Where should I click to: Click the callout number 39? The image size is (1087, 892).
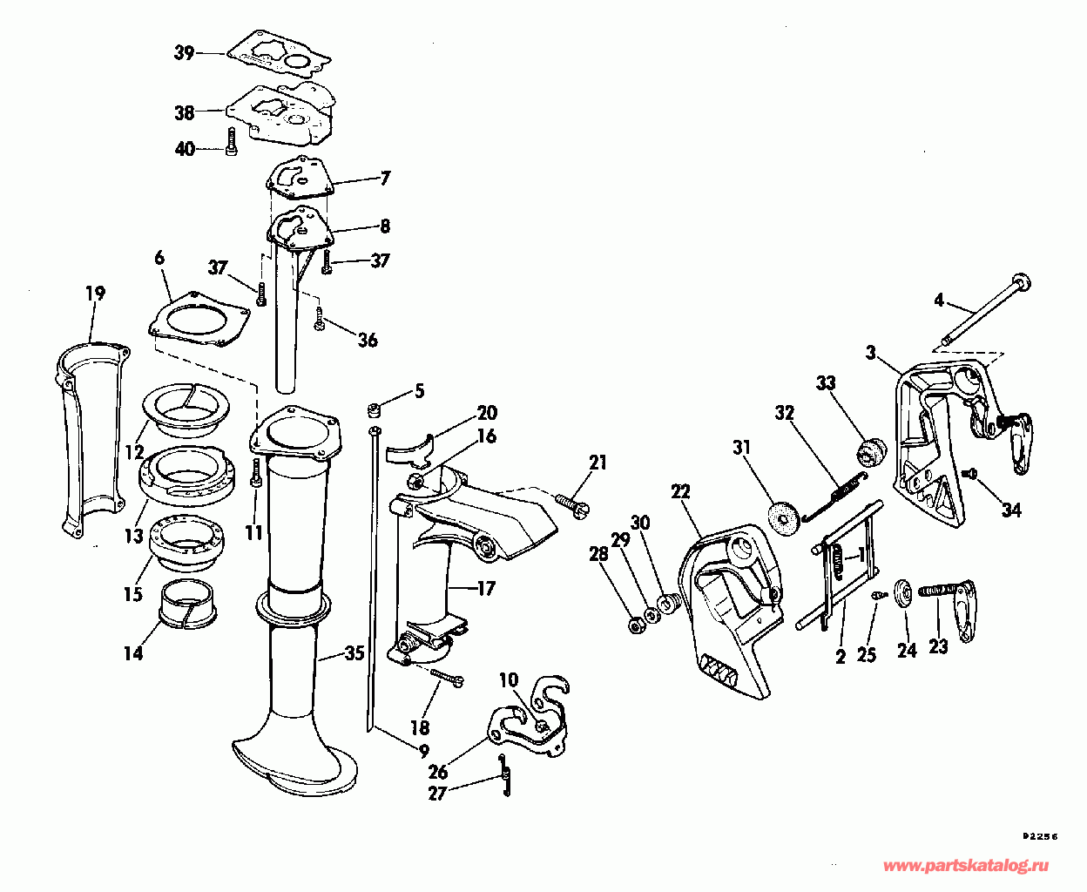click(184, 53)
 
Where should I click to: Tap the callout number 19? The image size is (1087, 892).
click(95, 293)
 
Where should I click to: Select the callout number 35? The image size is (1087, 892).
click(354, 652)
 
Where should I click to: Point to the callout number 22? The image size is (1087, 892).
click(680, 491)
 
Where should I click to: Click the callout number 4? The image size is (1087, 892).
click(938, 301)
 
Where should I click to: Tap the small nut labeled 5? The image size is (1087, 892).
click(375, 409)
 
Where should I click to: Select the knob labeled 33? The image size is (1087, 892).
click(870, 452)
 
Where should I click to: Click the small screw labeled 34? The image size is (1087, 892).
click(971, 472)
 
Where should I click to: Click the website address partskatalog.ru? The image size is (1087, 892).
click(966, 867)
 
